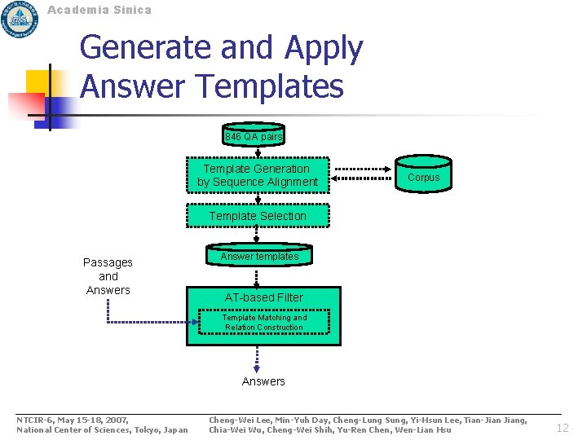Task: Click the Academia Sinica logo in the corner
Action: (20, 19)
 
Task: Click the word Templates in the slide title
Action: (268, 86)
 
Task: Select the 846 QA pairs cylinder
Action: (254, 136)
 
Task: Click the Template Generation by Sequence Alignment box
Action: (258, 175)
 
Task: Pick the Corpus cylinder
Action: (423, 177)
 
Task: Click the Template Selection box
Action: (258, 216)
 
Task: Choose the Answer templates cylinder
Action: (259, 257)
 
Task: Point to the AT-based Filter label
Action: (263, 297)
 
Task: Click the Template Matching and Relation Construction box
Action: (258, 323)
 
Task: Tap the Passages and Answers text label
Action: (108, 276)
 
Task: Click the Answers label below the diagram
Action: (263, 381)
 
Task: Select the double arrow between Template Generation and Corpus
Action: (363, 176)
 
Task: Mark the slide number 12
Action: (563, 428)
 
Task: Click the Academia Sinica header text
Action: (99, 10)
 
